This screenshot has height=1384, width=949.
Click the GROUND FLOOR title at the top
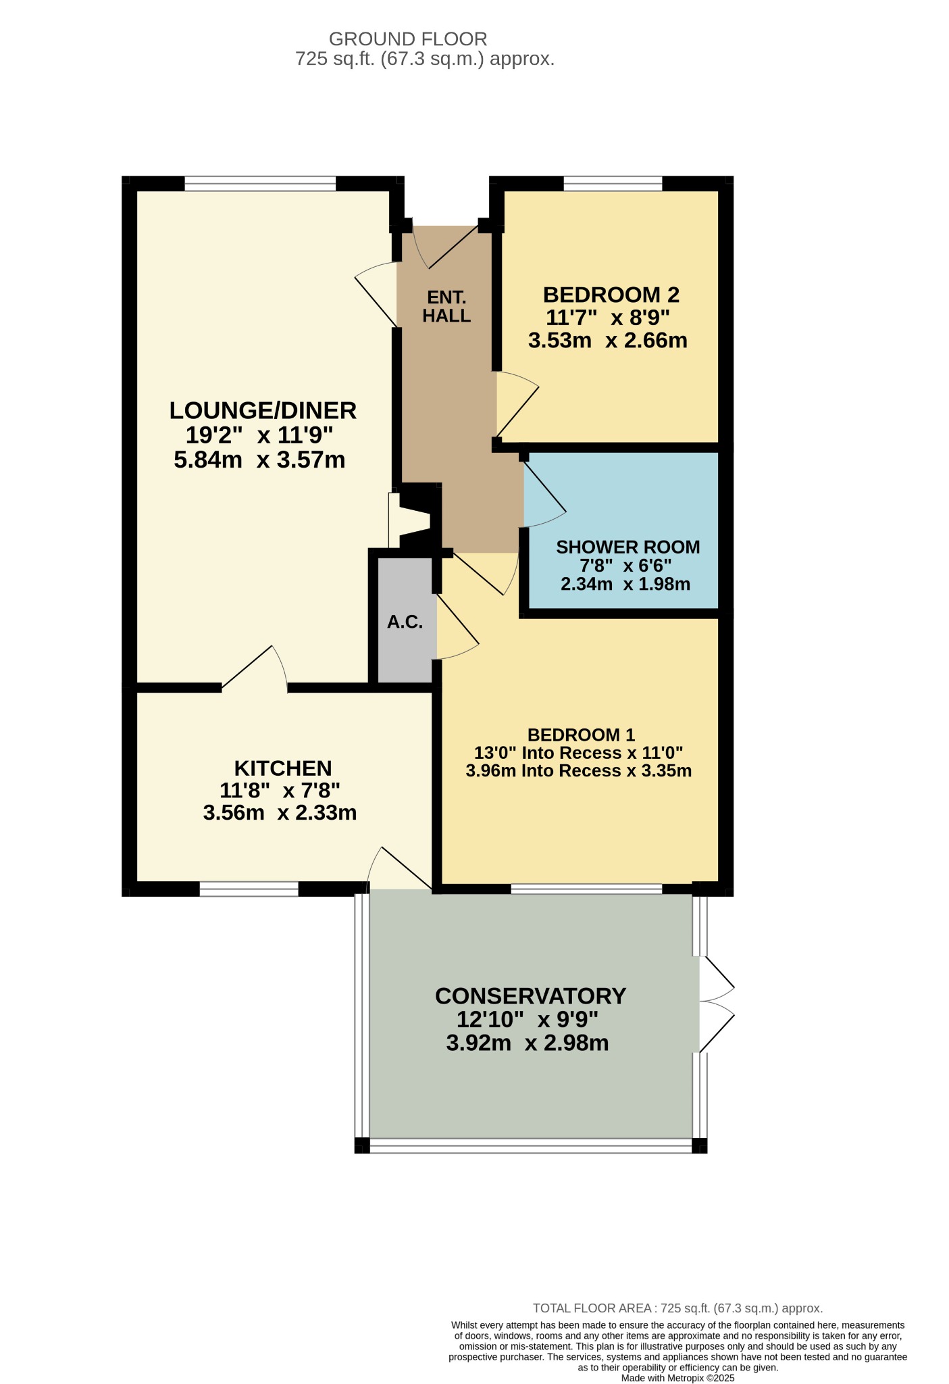click(x=408, y=39)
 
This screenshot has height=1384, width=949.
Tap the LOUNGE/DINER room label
click(x=263, y=410)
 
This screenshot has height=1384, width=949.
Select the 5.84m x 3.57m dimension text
click(x=260, y=460)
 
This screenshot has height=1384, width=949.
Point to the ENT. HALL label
click(x=446, y=306)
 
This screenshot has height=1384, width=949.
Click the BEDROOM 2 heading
click(x=611, y=295)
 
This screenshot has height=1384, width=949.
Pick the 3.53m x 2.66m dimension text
click(x=608, y=340)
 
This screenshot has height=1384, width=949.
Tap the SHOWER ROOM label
click(x=628, y=547)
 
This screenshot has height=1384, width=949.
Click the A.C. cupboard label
click(x=405, y=622)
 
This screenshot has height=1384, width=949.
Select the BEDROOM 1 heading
click(x=581, y=735)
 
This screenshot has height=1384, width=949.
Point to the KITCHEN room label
click(x=283, y=768)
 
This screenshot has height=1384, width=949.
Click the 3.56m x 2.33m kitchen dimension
click(x=280, y=812)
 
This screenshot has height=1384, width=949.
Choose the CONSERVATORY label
click(x=531, y=996)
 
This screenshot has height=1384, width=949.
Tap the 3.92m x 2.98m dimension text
click(x=528, y=1043)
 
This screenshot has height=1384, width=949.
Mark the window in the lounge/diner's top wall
click(x=260, y=183)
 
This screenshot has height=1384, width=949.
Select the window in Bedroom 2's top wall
click(x=613, y=183)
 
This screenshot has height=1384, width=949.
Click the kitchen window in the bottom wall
click(x=249, y=889)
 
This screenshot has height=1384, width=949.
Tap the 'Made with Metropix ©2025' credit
click(x=677, y=1378)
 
